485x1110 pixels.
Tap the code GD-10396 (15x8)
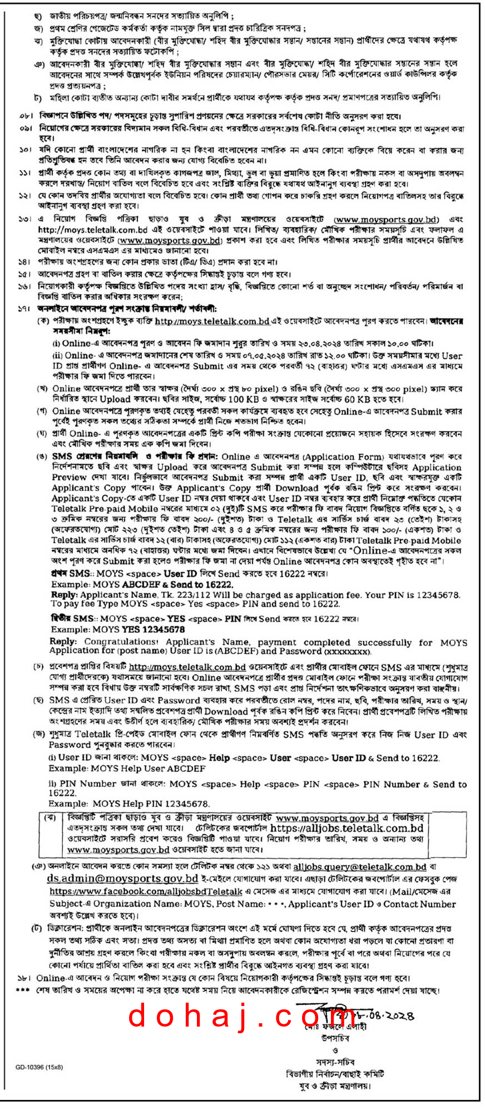click(39, 1067)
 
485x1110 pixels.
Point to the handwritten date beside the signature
click(384, 1015)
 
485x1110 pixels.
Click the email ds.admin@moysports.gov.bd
click(122, 879)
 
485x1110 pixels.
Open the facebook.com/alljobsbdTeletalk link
click(146, 891)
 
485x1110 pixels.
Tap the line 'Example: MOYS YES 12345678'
click(118, 630)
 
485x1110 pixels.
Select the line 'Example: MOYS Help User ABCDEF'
click(127, 769)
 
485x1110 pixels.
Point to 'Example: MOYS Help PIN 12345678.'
click(129, 804)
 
